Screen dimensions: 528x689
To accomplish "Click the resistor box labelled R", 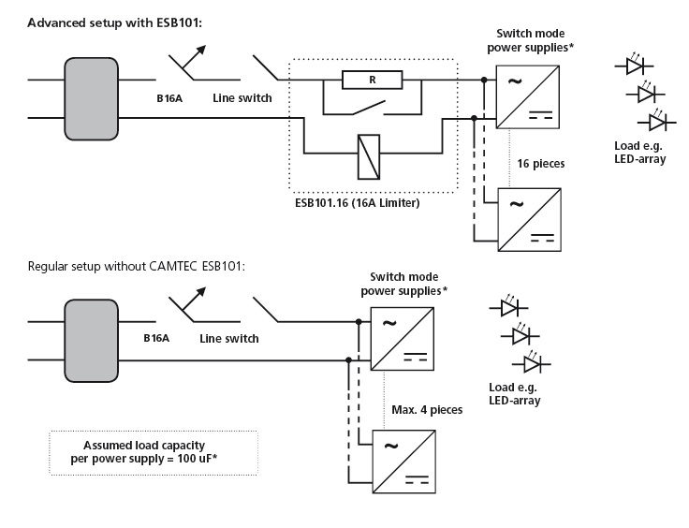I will pos(373,81).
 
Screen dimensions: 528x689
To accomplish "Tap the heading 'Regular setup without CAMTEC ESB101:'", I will pos(137,266).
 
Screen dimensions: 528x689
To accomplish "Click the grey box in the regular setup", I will pos(91,341).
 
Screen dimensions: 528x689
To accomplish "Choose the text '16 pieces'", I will pos(540,163).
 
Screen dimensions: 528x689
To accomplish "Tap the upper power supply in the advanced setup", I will pos(527,95).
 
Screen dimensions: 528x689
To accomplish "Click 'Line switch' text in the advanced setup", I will pos(242,96).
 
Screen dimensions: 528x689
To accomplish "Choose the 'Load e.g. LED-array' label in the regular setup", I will pos(514,393).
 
